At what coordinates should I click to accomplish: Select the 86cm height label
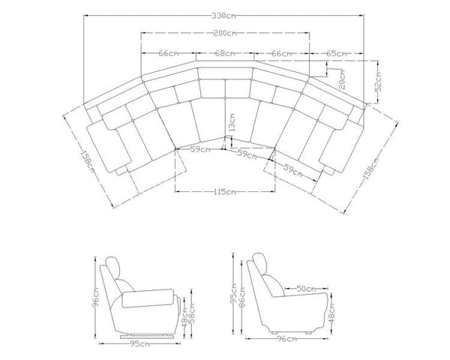pyautogui.click(x=242, y=296)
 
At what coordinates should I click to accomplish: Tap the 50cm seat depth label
pyautogui.click(x=304, y=288)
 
